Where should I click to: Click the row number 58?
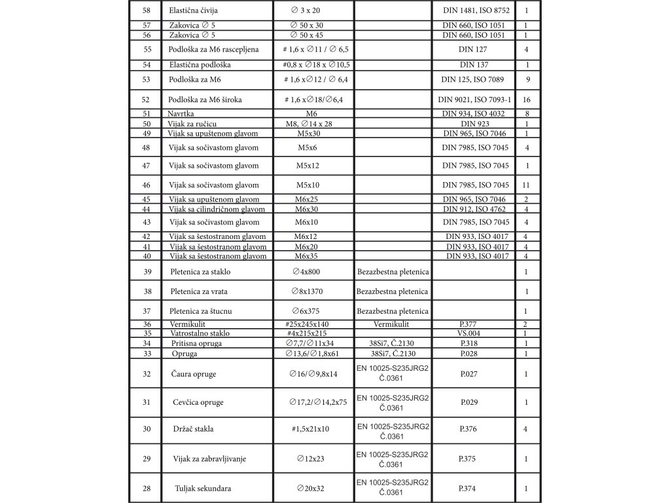pyautogui.click(x=146, y=11)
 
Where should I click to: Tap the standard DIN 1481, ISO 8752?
pyautogui.click(x=476, y=11)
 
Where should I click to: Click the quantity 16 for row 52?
pyautogui.click(x=527, y=100)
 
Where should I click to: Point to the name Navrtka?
pyautogui.click(x=181, y=113)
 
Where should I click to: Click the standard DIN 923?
pyautogui.click(x=474, y=123)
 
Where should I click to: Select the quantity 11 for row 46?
pyautogui.click(x=527, y=185)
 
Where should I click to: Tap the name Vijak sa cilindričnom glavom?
pyautogui.click(x=217, y=209)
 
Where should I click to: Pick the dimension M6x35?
pyautogui.click(x=306, y=256)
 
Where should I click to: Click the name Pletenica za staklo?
pyautogui.click(x=200, y=271)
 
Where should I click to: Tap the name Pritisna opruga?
pyautogui.click(x=197, y=343)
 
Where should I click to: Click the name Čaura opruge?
pyautogui.click(x=193, y=374)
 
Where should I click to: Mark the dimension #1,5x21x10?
pyautogui.click(x=311, y=429)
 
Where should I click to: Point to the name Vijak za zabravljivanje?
pyautogui.click(x=209, y=458)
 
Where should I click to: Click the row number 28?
pyautogui.click(x=146, y=488)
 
